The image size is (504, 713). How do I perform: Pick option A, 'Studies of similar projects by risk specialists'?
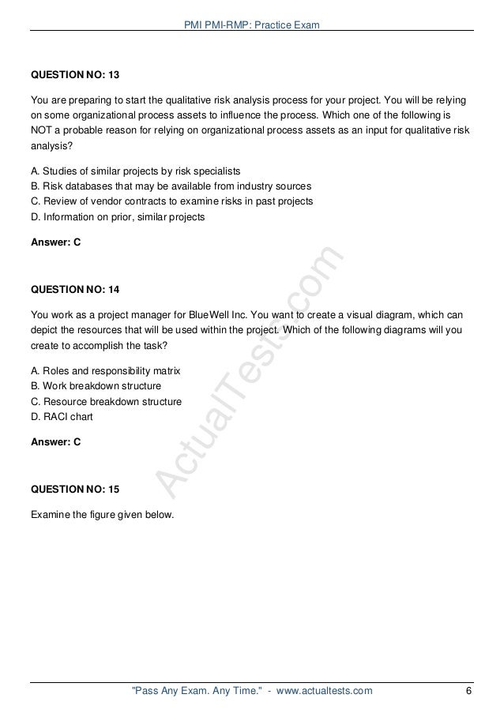134,171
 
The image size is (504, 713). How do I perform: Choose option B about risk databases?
170,186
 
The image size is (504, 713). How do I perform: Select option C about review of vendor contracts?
171,201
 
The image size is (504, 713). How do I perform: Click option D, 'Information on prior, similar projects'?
117,216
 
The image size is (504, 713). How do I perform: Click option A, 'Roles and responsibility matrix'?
106,371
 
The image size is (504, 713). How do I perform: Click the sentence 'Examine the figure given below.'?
101,517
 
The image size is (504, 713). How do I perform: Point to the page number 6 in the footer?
469,692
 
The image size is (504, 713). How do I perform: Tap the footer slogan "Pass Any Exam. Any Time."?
190,692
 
